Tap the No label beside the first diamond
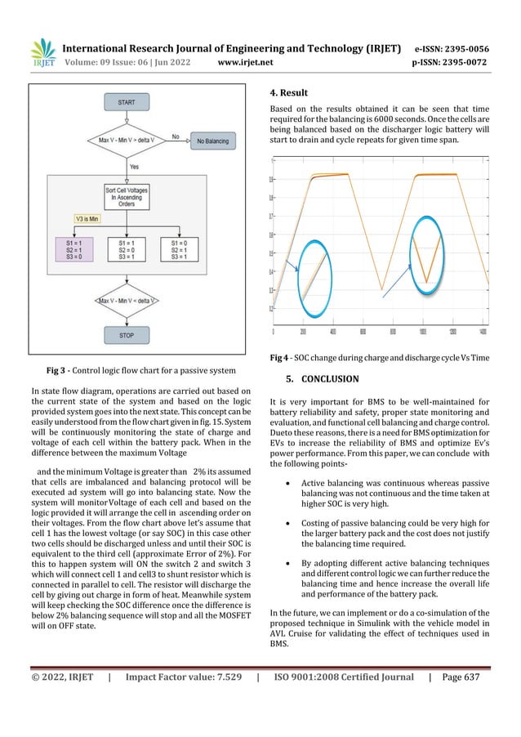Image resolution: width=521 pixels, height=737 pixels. pos(175,136)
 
